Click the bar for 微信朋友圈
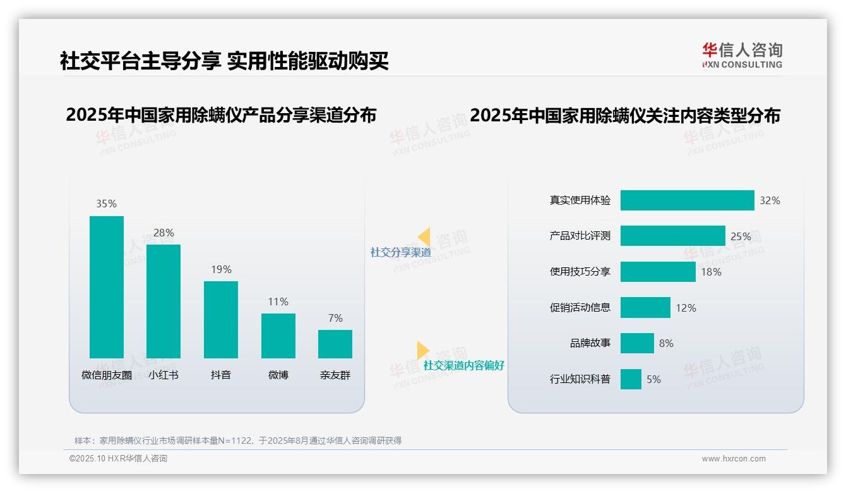click(107, 287)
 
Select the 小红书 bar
click(164, 301)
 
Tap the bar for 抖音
click(221, 320)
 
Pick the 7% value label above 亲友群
click(335, 318)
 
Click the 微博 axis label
click(278, 375)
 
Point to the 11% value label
click(278, 301)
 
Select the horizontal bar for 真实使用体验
click(687, 200)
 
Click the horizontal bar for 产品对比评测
click(672, 236)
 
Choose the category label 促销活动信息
click(580, 308)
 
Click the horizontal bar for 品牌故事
click(637, 343)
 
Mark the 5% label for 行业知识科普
click(653, 379)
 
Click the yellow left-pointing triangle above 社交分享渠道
click(424, 236)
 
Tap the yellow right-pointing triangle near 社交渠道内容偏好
click(423, 350)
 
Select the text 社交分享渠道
click(401, 252)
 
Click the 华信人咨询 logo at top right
click(742, 55)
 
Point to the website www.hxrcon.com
click(734, 459)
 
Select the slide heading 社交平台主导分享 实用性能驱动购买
click(224, 61)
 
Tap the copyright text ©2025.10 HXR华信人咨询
click(118, 459)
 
